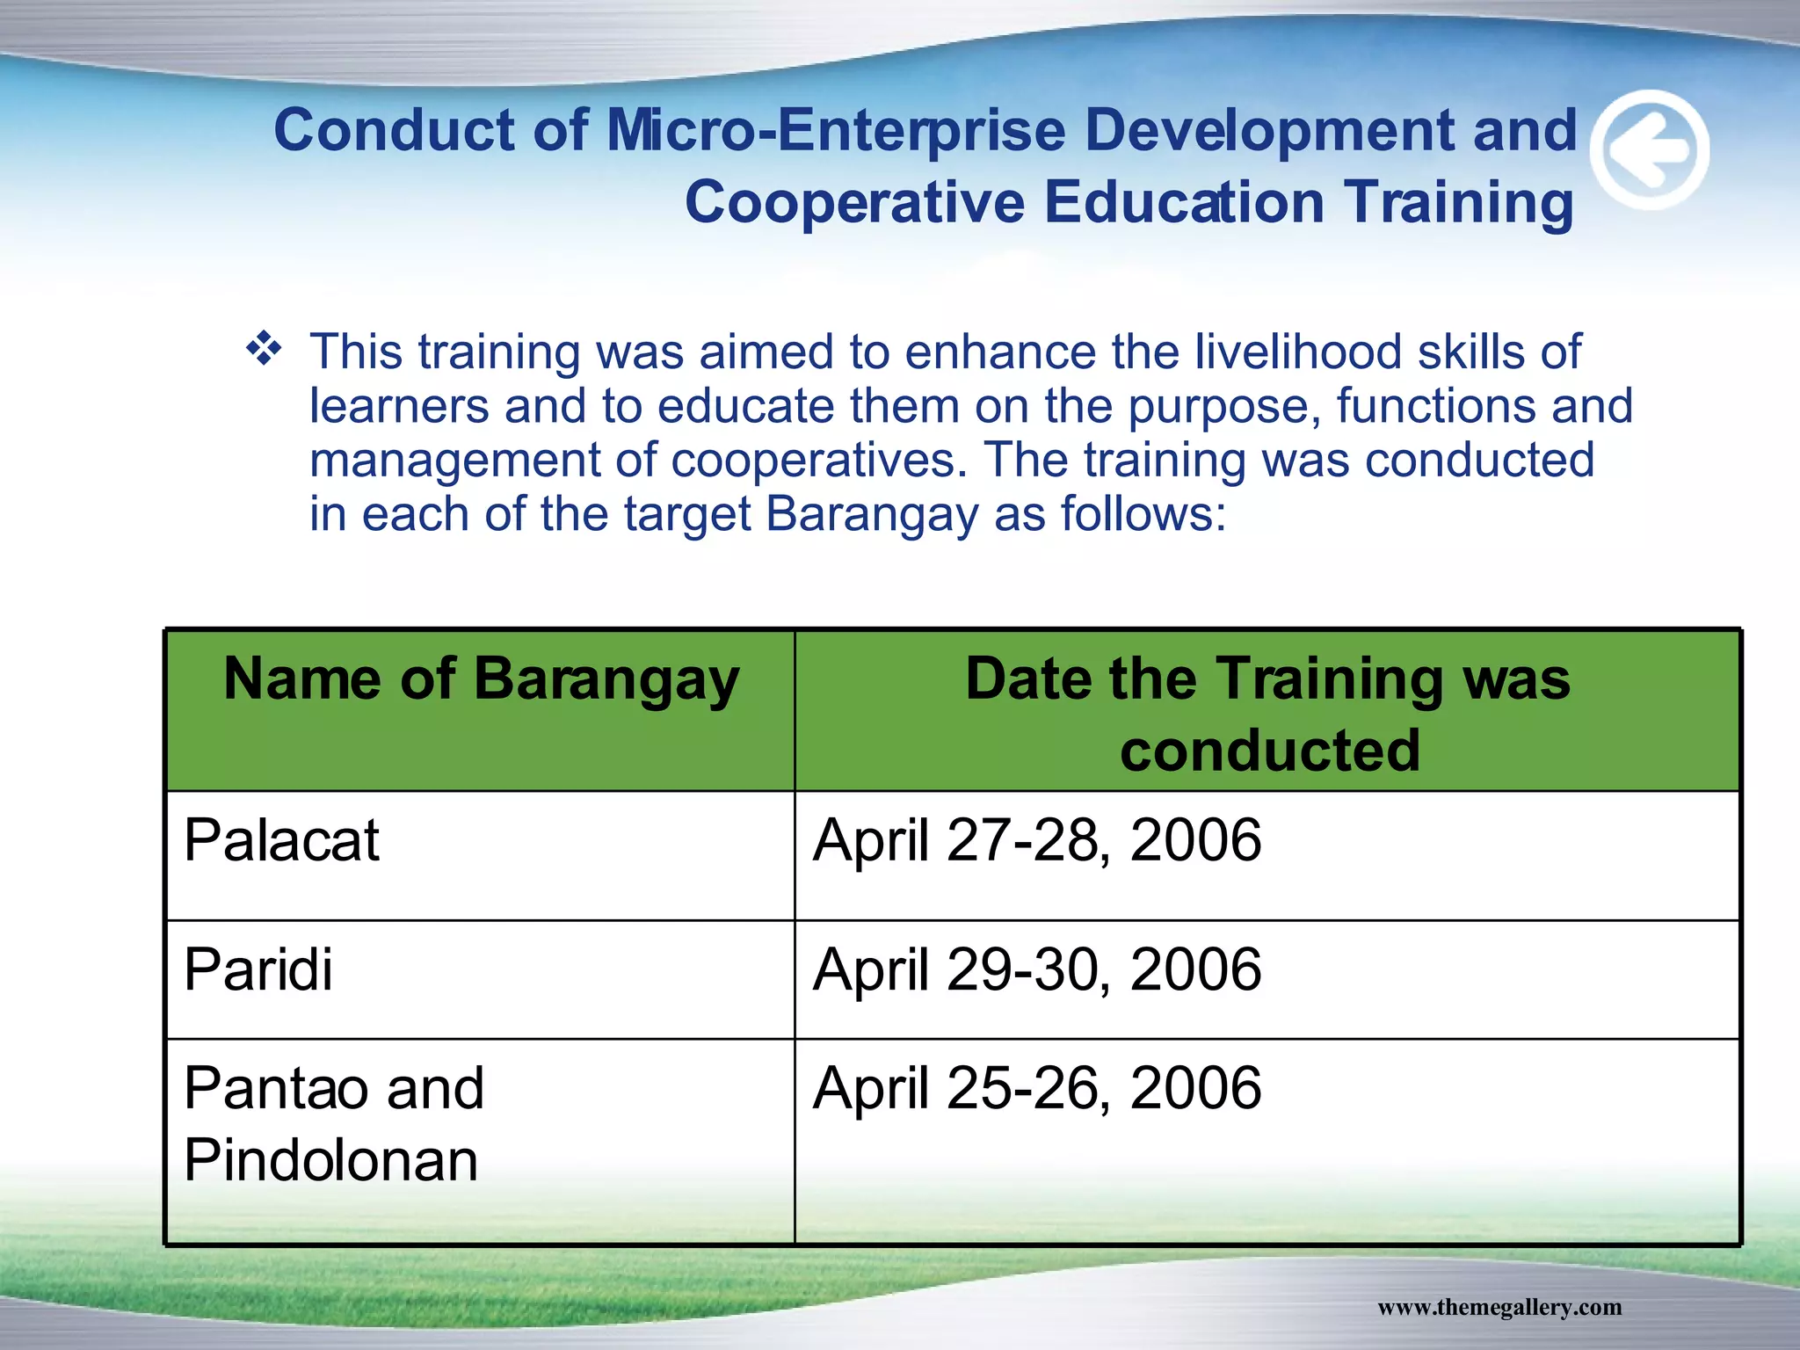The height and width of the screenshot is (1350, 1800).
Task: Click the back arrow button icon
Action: [1651, 150]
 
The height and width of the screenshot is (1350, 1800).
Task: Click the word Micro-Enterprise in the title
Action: [835, 130]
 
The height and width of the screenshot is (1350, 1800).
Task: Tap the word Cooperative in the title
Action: [854, 202]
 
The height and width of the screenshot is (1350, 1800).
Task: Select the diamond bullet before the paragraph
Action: [264, 350]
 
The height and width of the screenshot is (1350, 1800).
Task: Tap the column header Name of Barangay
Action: [481, 680]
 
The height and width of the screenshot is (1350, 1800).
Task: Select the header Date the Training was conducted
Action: [1267, 714]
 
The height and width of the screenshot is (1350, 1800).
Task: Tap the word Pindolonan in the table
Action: [331, 1160]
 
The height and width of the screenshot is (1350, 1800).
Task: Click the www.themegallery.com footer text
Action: [1499, 1307]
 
